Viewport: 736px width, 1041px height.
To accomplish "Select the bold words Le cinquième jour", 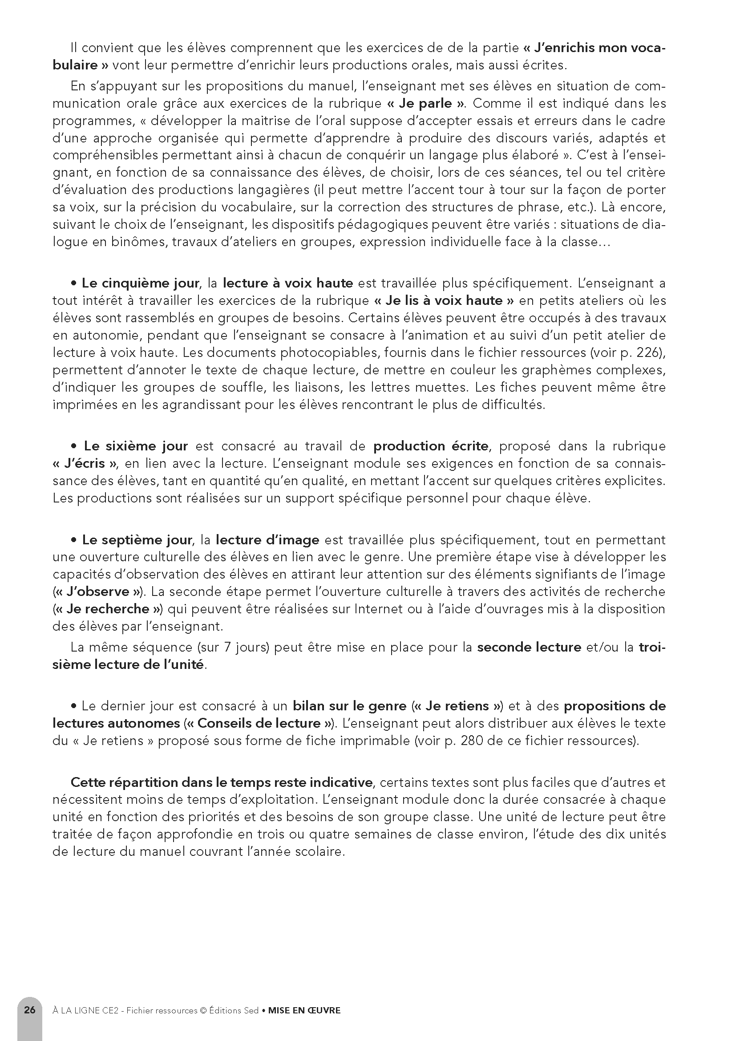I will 140,284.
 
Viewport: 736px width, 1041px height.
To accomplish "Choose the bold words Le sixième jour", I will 136,446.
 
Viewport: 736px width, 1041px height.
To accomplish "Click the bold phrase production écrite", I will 431,446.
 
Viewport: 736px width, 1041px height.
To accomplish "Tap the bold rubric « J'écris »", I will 85,463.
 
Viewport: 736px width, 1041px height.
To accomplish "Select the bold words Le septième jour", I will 137,540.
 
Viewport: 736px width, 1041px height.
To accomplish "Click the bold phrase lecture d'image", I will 267,540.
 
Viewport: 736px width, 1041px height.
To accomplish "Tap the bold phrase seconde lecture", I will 529,647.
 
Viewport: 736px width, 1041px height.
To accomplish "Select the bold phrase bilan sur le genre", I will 349,706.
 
